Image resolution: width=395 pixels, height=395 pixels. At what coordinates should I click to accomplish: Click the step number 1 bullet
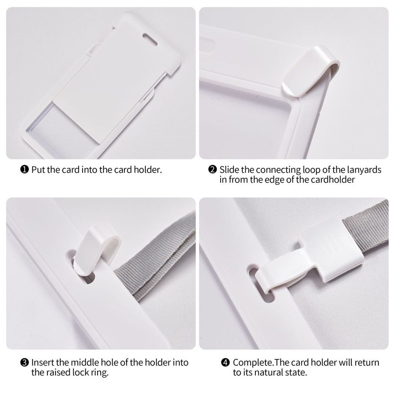coord(24,170)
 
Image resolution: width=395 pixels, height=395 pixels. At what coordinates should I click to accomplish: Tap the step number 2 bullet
coord(213,170)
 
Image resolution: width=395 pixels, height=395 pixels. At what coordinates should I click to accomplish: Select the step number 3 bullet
coord(24,363)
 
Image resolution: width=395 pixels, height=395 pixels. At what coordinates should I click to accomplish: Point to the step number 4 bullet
coord(225,363)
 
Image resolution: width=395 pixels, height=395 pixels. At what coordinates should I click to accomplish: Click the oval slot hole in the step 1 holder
coord(150,40)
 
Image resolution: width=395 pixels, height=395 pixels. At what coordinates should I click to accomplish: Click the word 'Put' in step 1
coord(38,170)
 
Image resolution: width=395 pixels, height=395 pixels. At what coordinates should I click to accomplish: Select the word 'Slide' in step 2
coord(229,170)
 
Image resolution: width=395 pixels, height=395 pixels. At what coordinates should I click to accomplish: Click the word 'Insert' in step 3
coord(43,363)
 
